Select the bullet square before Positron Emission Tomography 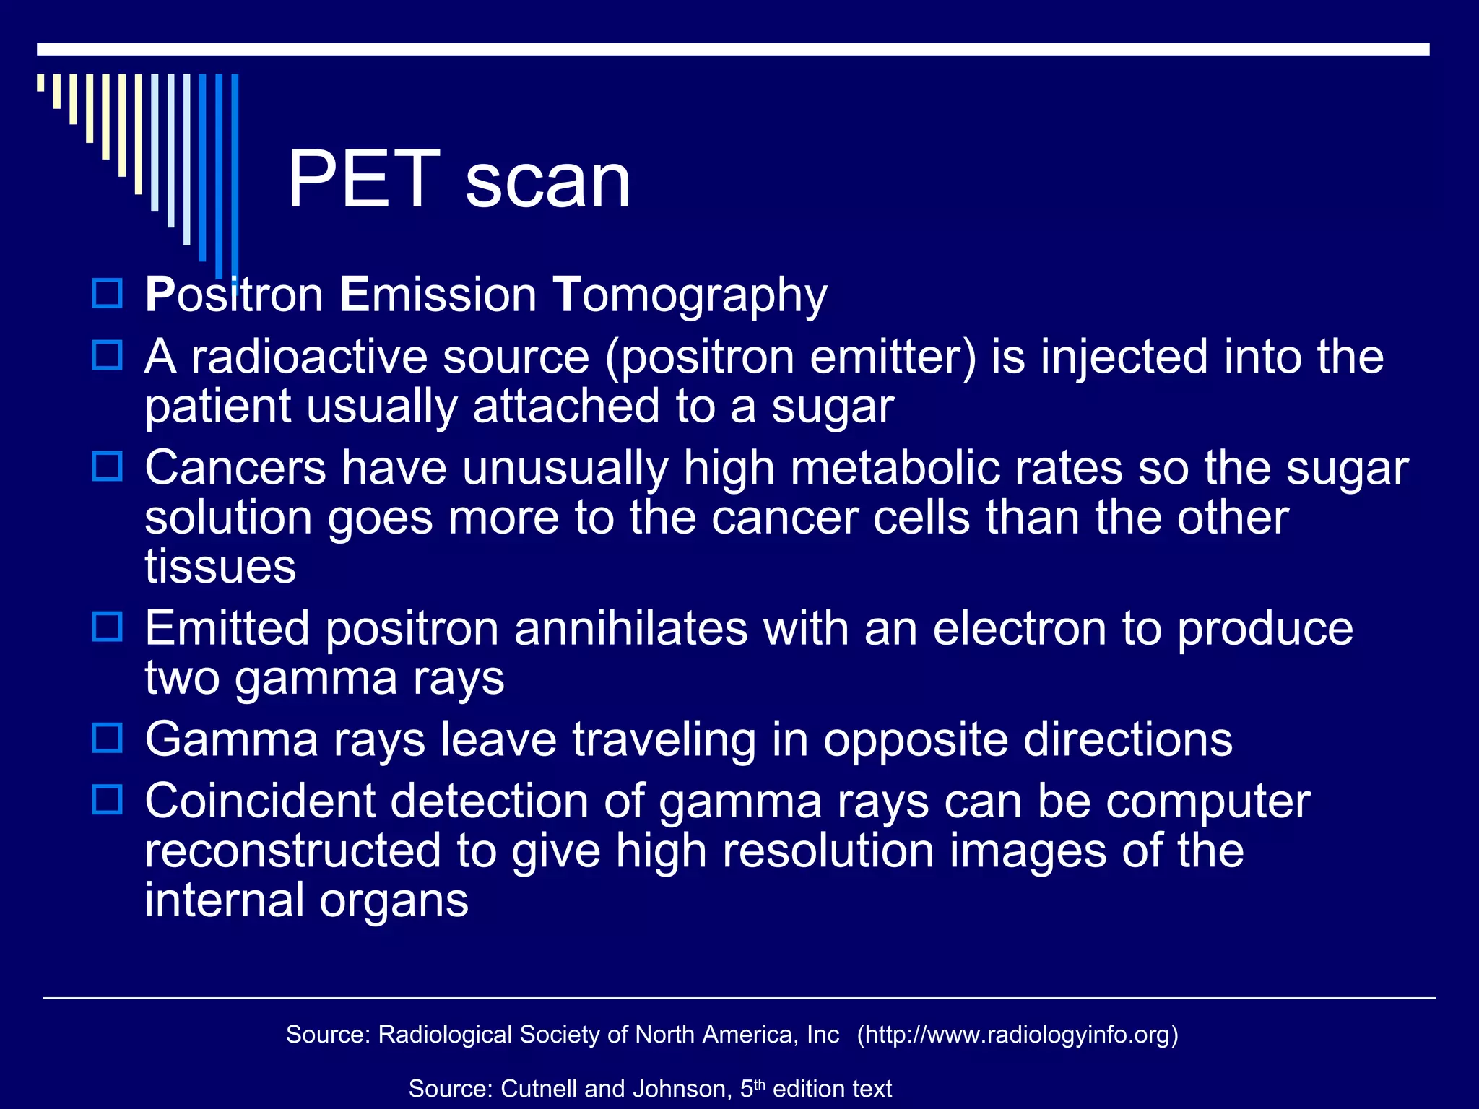[108, 294]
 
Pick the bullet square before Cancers [108, 466]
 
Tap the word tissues [220, 567]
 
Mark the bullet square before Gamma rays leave [108, 738]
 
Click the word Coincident [260, 801]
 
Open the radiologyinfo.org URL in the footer [1018, 1035]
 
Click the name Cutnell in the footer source [539, 1089]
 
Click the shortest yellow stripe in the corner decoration [41, 82]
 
